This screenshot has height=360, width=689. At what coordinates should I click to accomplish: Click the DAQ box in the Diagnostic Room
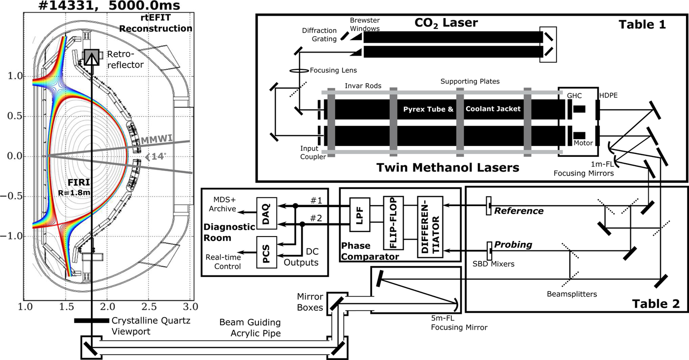click(x=266, y=213)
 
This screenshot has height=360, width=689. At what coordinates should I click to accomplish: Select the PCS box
click(x=266, y=253)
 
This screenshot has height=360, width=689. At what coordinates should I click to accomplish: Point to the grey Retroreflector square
click(x=92, y=58)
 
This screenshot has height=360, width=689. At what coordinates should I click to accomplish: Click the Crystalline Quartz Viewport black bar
click(x=92, y=321)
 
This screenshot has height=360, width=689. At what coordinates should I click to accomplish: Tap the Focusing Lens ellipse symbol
click(x=298, y=71)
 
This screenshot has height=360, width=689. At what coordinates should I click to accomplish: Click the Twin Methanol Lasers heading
click(x=448, y=168)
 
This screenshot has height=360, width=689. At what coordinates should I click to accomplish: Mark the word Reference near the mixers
click(x=519, y=211)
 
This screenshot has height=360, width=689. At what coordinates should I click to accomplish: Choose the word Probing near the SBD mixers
click(x=514, y=244)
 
